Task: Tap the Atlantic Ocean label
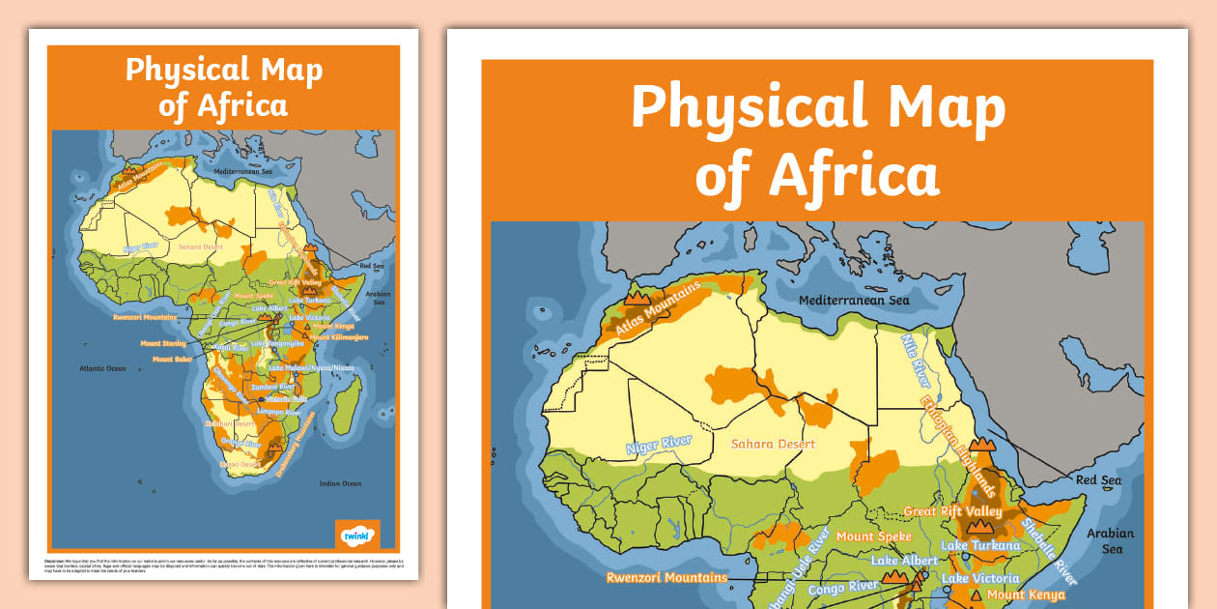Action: click(x=102, y=368)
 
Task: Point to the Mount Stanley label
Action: click(x=163, y=343)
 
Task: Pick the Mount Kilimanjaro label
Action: click(x=332, y=336)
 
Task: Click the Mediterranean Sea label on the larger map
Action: click(x=854, y=301)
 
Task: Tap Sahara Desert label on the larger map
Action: click(x=773, y=444)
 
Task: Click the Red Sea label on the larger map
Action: click(x=1098, y=480)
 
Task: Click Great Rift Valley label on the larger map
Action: click(x=952, y=511)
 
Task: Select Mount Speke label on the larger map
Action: click(x=874, y=536)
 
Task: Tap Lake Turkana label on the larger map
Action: click(x=980, y=545)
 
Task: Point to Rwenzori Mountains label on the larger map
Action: click(x=666, y=578)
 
